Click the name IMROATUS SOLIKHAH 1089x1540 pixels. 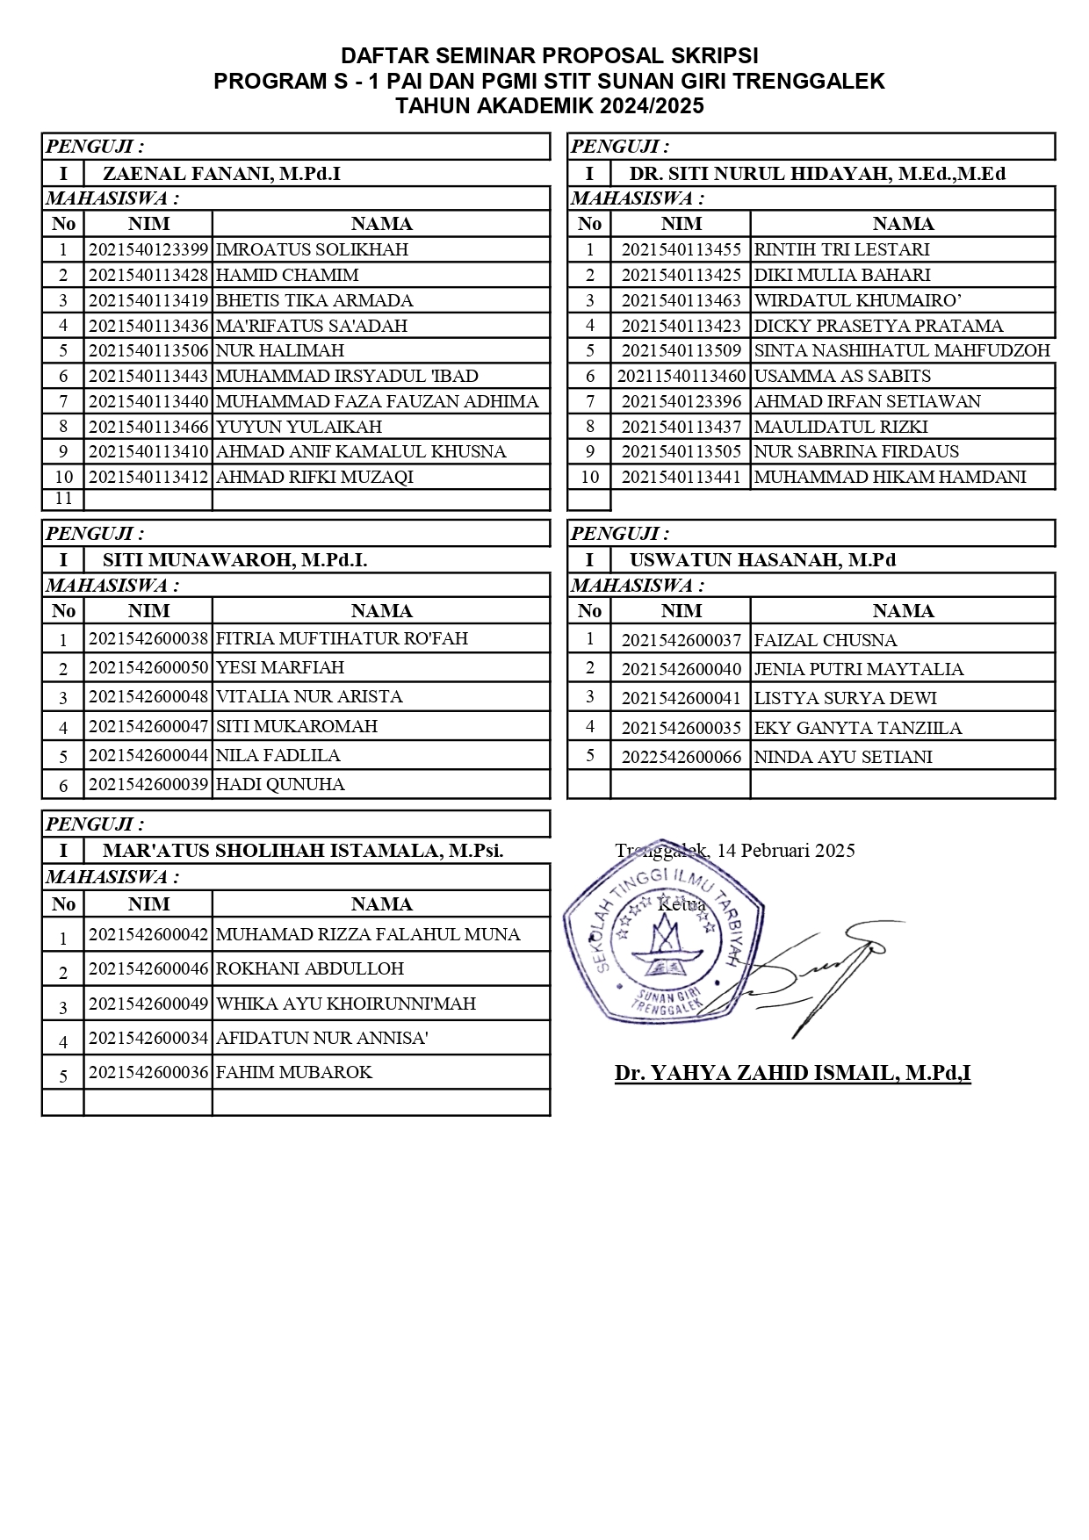point(312,249)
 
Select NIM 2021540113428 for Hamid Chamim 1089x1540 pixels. point(148,275)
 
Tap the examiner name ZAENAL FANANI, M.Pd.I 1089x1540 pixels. point(221,173)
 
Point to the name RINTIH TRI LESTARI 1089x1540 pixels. point(841,249)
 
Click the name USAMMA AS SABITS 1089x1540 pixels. point(841,376)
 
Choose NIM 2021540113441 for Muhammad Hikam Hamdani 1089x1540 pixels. point(681,478)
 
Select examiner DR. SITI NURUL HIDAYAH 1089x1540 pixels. point(817,173)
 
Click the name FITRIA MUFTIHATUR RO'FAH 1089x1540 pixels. point(342,638)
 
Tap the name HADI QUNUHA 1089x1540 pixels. point(280,784)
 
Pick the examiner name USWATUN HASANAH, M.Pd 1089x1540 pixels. point(762,560)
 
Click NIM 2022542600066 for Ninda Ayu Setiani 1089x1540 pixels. point(681,757)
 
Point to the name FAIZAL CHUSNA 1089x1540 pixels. point(825,640)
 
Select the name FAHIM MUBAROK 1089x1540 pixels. point(293,1072)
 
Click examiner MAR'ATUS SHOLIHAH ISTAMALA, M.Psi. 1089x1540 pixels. point(303,850)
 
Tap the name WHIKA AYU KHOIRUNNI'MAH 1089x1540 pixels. point(345,1004)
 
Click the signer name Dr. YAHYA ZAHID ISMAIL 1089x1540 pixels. point(792,1072)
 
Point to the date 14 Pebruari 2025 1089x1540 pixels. point(785,850)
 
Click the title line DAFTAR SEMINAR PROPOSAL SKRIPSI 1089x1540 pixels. point(549,56)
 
